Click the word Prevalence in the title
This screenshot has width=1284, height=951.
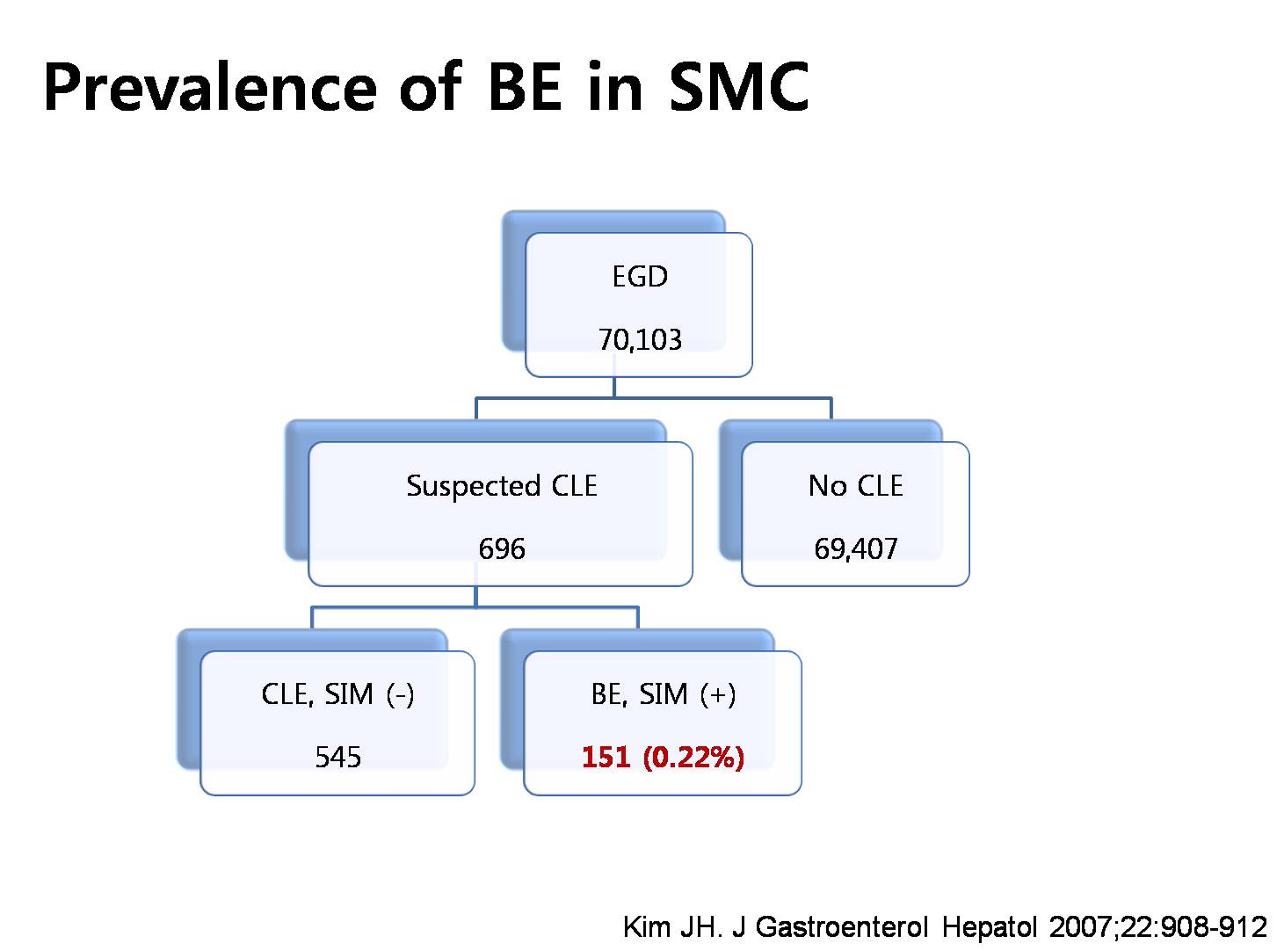pos(210,86)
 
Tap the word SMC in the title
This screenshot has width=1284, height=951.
pos(738,86)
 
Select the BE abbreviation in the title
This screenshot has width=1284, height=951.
pos(525,86)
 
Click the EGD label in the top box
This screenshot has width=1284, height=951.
pos(640,276)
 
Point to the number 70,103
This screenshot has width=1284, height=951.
pos(640,339)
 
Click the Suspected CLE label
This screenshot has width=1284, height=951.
pos(501,485)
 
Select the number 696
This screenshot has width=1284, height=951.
pos(501,548)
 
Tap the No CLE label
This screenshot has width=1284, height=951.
pos(855,485)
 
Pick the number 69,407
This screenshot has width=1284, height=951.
pos(855,548)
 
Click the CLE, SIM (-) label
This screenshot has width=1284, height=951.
pos(337,693)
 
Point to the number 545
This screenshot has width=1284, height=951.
pos(337,757)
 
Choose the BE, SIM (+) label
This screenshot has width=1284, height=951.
pos(663,693)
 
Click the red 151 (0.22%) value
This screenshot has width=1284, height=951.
pos(663,757)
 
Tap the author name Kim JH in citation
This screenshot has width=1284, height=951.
pos(672,926)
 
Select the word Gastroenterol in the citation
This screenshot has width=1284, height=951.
pos(842,926)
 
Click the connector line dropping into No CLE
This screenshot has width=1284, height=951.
pos(831,409)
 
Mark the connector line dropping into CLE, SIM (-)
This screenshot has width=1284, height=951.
pos(312,617)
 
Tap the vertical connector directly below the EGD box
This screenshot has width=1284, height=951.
pos(613,388)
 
